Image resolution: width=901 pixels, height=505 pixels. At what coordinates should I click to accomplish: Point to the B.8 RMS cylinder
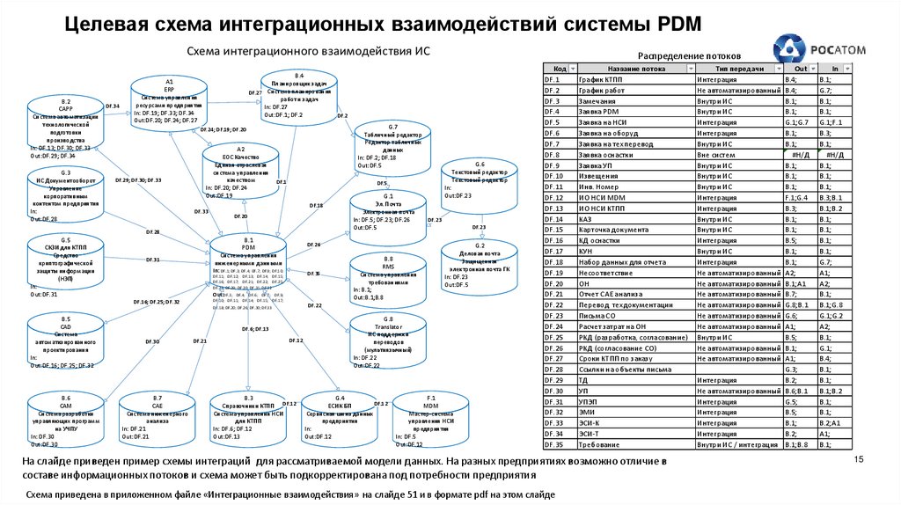pos(388,278)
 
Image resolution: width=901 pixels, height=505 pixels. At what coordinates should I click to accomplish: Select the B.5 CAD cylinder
pos(66,340)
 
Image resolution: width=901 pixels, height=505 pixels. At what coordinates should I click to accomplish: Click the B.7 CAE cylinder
pos(157,421)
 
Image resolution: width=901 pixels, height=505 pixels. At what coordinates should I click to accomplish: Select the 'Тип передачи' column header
pos(736,69)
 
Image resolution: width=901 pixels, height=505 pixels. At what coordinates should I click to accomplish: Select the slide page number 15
pos(861,459)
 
